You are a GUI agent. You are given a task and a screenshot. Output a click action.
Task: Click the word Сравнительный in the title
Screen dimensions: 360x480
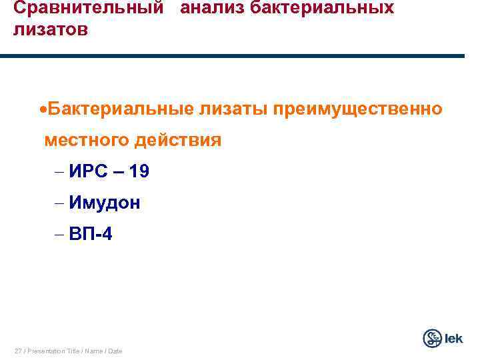click(89, 9)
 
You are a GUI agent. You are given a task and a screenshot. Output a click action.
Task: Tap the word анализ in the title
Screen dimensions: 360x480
click(212, 9)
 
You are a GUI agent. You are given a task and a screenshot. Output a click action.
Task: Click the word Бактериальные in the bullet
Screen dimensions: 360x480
click(119, 109)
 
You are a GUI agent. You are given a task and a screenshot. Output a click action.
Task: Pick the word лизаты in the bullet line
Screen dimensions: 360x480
click(229, 109)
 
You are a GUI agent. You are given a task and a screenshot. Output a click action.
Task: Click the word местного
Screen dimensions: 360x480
click(87, 141)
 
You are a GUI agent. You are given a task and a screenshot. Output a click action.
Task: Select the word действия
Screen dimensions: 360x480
click(178, 141)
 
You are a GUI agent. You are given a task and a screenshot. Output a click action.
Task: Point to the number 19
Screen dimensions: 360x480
click(139, 172)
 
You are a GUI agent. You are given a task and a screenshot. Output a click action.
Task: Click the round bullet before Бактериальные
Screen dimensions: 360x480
click(42, 109)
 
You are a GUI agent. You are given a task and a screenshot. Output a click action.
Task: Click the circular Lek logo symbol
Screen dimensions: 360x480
click(433, 339)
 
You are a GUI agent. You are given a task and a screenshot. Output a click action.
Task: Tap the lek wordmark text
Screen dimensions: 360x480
click(454, 339)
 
